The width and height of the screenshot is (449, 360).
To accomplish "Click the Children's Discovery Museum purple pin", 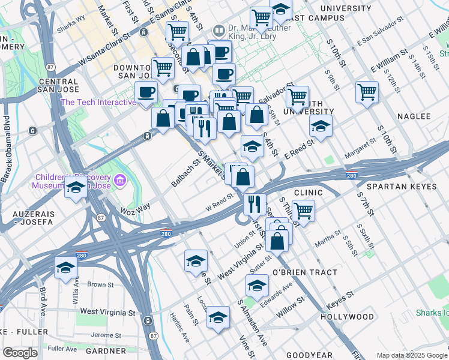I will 121,179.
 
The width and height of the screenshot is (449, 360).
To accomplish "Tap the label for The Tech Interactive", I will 98,102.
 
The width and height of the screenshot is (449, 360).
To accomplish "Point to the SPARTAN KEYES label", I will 406,187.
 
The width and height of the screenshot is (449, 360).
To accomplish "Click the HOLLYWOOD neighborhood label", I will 347,316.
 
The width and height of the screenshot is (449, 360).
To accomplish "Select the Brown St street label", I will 100,284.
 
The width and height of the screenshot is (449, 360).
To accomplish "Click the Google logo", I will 20,353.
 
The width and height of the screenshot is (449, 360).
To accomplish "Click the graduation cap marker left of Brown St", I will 65,268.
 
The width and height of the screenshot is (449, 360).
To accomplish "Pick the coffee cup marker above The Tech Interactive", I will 146,93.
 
